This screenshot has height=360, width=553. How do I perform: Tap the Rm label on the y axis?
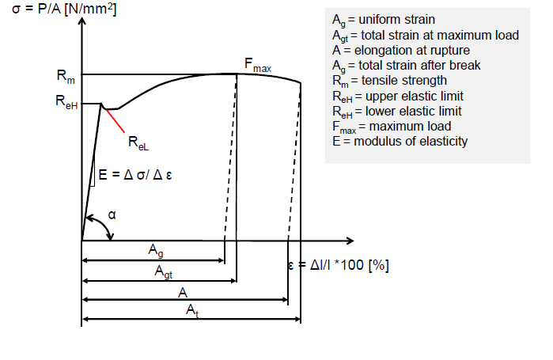[x=66, y=76]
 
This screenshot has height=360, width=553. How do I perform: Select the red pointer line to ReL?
[x=115, y=120]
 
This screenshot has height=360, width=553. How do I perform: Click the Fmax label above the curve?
[x=256, y=66]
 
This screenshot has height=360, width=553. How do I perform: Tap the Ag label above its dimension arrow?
[x=157, y=250]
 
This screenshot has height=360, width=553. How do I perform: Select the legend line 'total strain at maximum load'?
[x=426, y=35]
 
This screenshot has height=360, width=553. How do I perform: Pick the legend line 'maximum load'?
[x=392, y=127]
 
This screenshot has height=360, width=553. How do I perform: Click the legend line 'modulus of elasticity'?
[x=400, y=142]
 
